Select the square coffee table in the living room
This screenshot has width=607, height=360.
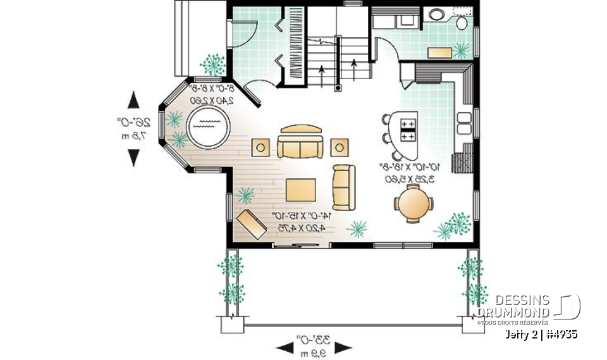click(300, 189)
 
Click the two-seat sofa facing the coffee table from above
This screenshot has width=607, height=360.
click(300, 144)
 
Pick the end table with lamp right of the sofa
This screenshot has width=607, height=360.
click(340, 147)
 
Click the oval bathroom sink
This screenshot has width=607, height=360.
click(437, 14)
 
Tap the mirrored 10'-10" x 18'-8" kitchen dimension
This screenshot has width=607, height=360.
click(408, 173)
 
